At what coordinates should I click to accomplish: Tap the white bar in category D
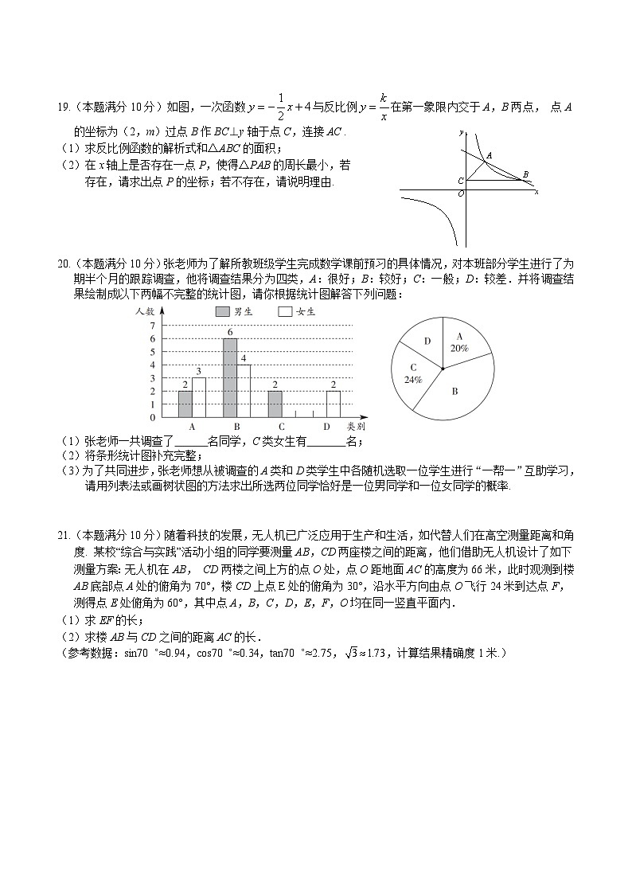334,404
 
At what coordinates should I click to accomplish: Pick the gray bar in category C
274,404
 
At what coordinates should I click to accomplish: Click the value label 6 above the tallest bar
229,332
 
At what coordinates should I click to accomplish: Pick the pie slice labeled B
455,392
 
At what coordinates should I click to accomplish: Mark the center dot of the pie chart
443,368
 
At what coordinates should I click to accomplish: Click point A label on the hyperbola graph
489,155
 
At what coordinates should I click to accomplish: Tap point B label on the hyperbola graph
525,174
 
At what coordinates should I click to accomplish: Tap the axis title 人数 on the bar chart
144,310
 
